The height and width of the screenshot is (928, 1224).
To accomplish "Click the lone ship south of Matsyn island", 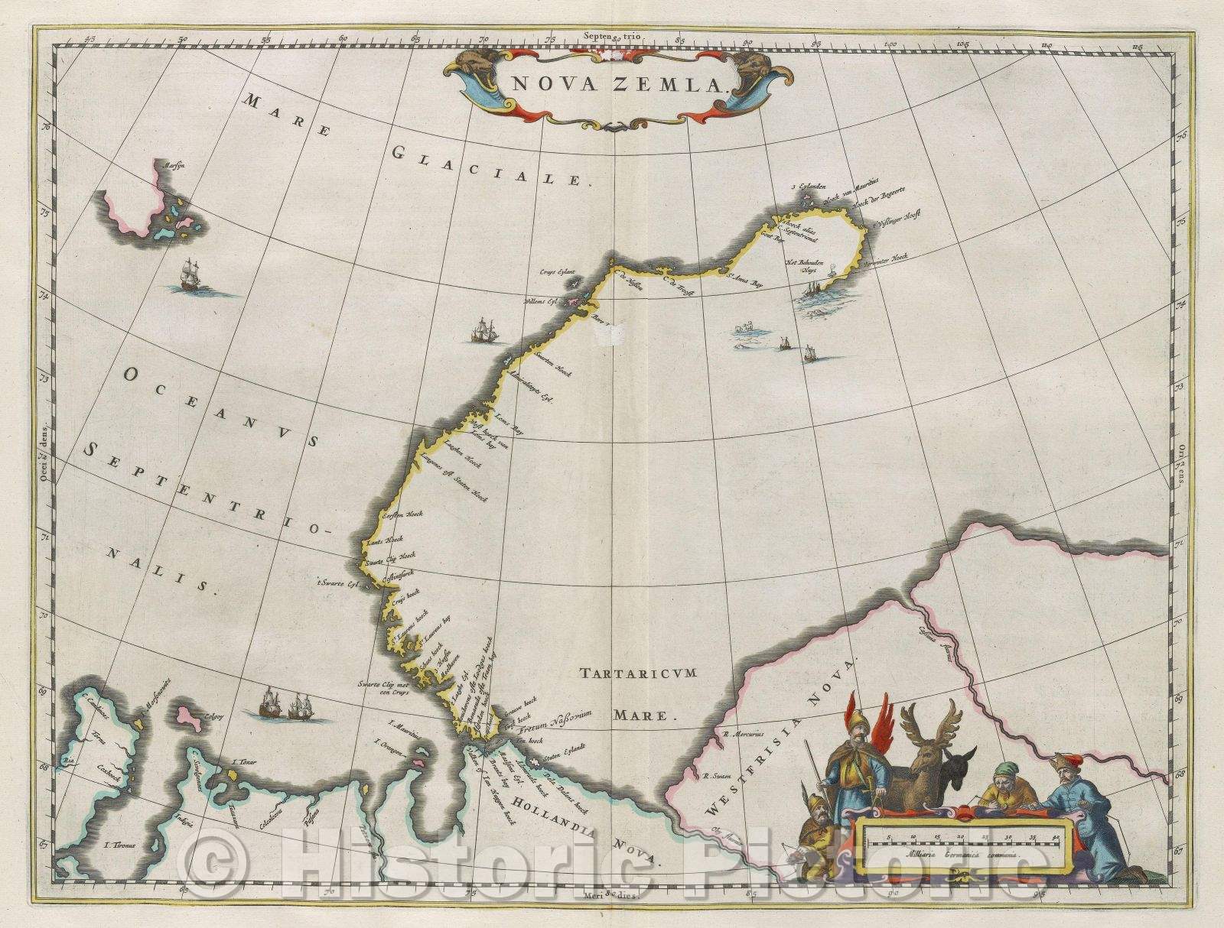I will click(x=187, y=276).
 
